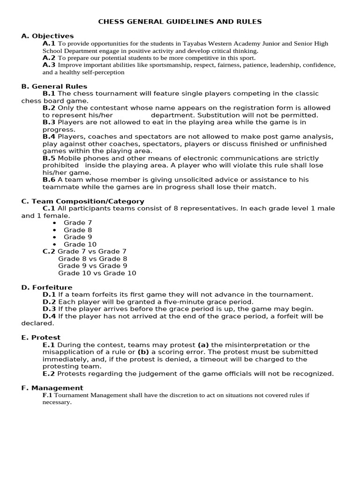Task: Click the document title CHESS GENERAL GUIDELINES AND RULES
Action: [x=180, y=22]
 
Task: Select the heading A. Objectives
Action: [x=47, y=36]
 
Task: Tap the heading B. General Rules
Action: [x=54, y=86]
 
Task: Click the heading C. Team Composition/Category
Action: [x=82, y=201]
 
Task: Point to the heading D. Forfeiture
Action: [x=47, y=287]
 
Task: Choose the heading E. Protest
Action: [x=41, y=337]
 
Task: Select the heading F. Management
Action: [x=52, y=388]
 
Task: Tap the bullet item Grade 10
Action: [x=80, y=244]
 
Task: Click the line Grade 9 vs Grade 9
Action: [x=92, y=266]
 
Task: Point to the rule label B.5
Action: [x=49, y=158]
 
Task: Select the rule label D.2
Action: [x=49, y=302]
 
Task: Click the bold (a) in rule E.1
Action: [x=203, y=345]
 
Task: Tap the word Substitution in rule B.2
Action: [x=218, y=115]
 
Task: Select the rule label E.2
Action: [x=49, y=374]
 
